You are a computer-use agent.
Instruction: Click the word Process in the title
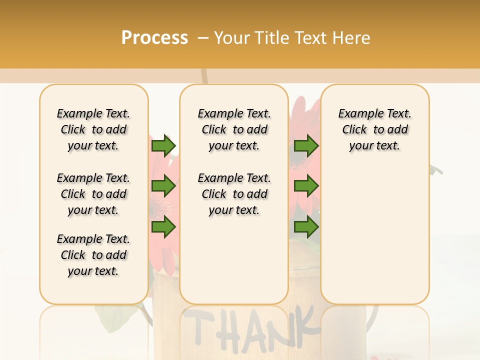point(154,38)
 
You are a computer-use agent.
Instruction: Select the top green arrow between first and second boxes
point(163,145)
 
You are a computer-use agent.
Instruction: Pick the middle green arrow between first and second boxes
point(163,186)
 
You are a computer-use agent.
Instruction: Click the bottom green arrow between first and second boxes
point(163,227)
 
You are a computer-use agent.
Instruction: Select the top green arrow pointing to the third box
point(306,145)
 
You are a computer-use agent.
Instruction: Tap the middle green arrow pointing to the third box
point(306,186)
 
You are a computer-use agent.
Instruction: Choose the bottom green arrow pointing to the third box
point(306,227)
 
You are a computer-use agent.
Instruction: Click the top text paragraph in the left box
point(93,129)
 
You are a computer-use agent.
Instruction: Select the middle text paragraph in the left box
point(93,194)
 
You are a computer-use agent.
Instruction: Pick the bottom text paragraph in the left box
point(93,255)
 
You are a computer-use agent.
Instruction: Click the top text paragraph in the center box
point(234,129)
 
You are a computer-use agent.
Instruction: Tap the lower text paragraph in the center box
point(234,194)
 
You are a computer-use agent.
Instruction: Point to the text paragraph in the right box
point(374,129)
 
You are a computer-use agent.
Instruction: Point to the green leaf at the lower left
point(112,315)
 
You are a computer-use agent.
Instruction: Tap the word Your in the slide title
point(231,38)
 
